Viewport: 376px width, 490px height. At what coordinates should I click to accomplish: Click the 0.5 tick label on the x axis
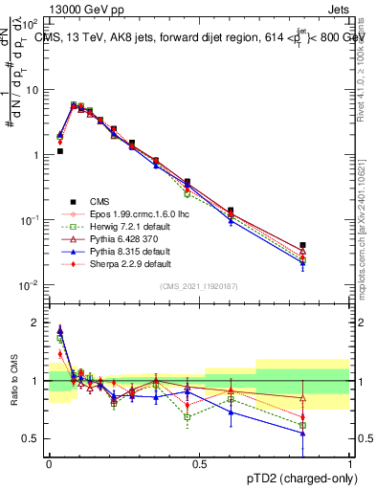click(199, 463)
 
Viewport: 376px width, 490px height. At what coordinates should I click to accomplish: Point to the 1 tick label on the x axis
click(350, 463)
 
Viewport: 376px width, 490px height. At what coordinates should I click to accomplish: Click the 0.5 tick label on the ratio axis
click(32, 438)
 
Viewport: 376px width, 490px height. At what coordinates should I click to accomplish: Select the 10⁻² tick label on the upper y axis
click(32, 285)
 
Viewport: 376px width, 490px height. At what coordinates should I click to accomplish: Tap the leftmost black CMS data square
click(59, 151)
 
